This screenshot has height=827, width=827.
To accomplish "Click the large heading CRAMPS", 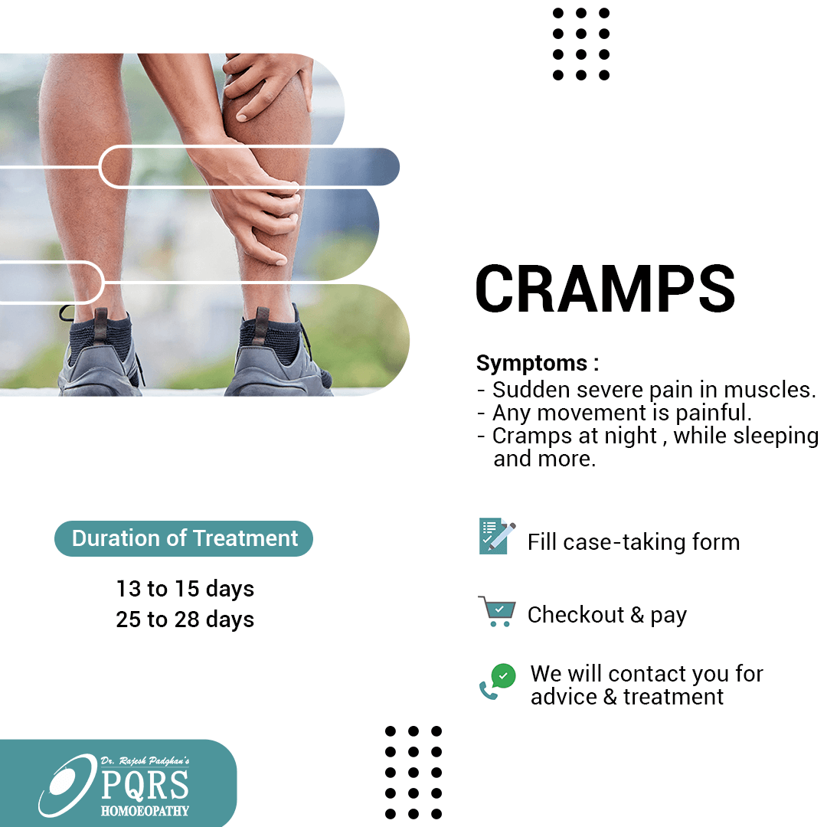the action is click(x=605, y=289).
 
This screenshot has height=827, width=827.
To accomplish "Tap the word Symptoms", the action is click(x=531, y=364).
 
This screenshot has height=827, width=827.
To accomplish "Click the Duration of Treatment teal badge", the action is click(x=184, y=538).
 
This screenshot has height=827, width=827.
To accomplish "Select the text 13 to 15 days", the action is click(x=185, y=589).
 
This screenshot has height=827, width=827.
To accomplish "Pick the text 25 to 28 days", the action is click(x=185, y=619).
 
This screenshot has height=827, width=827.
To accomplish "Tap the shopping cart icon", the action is click(x=498, y=611).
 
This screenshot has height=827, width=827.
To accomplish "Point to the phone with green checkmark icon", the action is click(x=498, y=682).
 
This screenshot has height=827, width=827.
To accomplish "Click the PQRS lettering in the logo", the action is click(x=145, y=784).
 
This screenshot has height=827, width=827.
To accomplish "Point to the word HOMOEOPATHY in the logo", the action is click(x=145, y=811).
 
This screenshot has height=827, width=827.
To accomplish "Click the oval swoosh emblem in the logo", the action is click(x=67, y=786).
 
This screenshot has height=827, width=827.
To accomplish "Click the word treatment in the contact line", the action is click(x=673, y=697).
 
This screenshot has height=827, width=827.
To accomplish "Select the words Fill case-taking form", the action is click(x=633, y=542).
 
